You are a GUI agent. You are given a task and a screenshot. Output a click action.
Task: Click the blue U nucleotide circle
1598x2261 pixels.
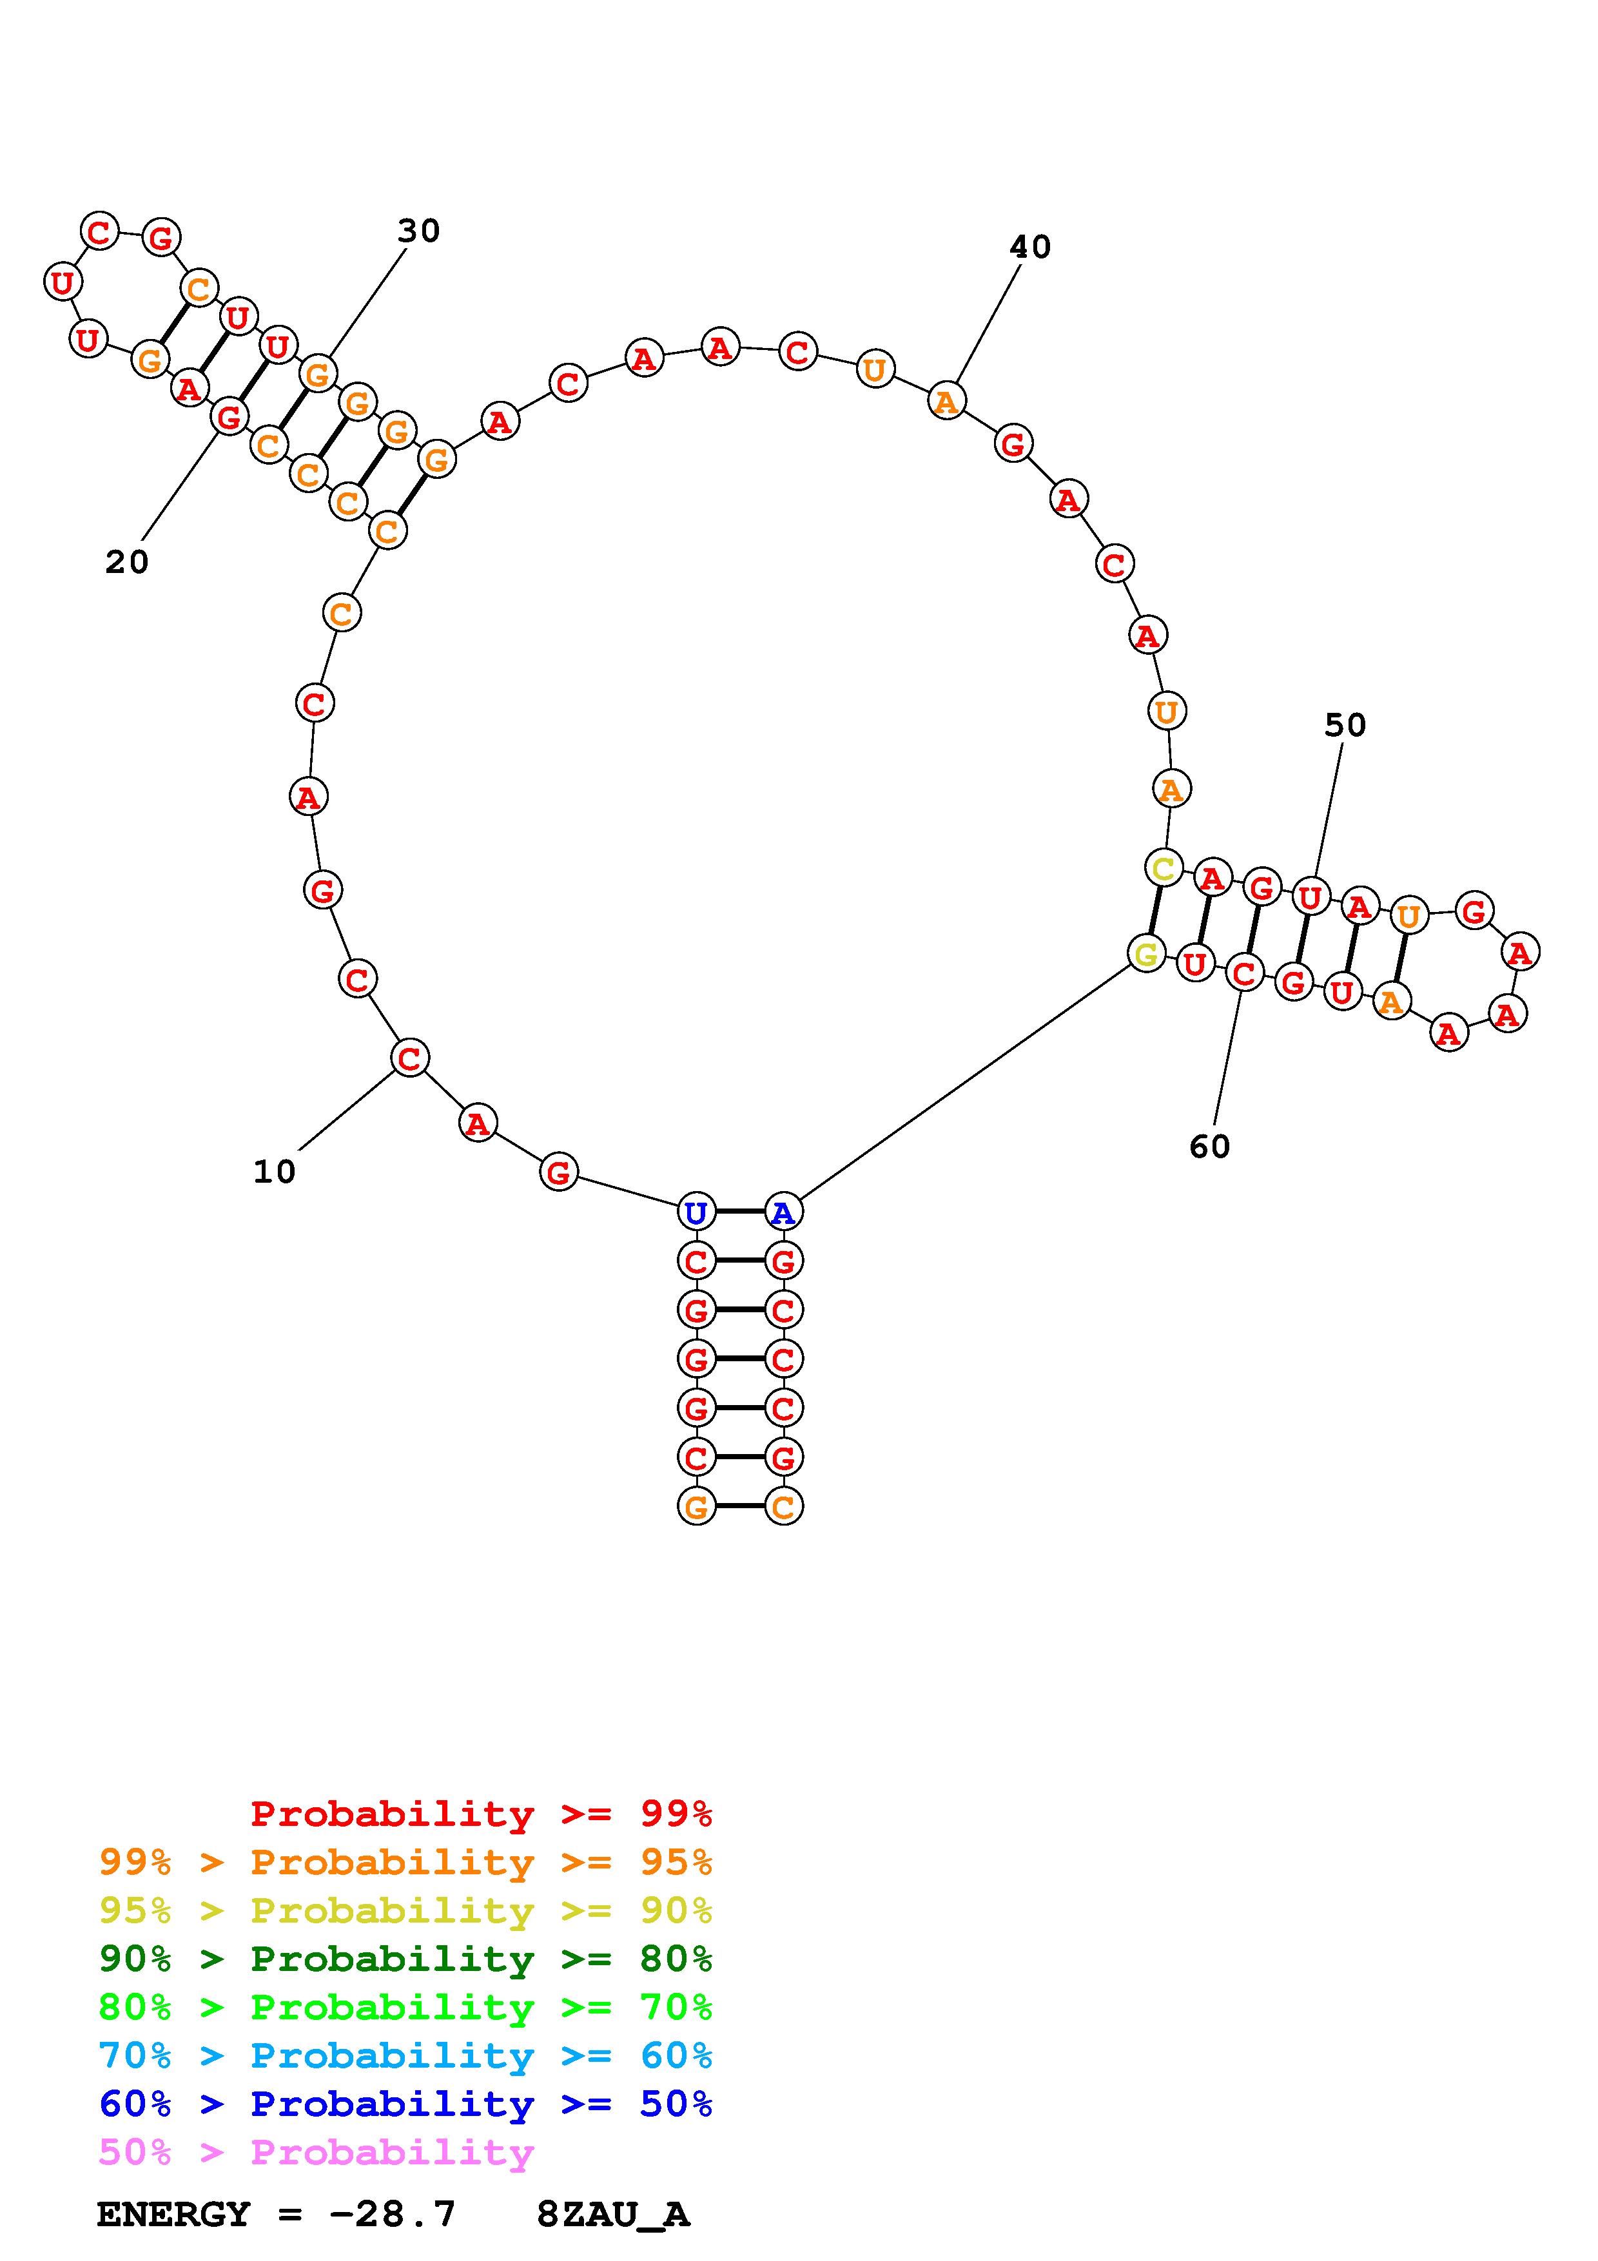point(696,1212)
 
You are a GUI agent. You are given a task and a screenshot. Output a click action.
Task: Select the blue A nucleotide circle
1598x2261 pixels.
point(784,1212)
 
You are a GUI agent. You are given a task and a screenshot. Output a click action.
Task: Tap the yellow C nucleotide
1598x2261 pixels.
point(1164,869)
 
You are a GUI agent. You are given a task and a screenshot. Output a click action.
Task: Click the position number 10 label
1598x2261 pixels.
point(275,1172)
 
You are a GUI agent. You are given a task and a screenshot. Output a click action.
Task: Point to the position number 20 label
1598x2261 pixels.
point(127,562)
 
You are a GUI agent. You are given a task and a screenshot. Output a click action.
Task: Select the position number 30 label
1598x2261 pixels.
point(418,231)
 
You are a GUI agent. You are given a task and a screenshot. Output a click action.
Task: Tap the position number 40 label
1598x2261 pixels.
point(1031,247)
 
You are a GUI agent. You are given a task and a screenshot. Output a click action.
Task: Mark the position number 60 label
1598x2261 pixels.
point(1210,1146)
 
